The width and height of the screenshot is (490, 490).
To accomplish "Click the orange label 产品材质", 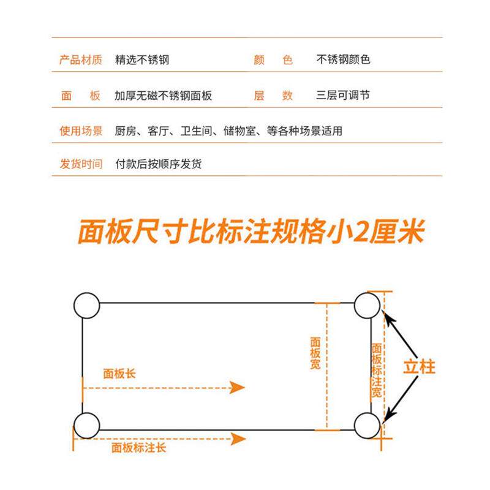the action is [81, 60].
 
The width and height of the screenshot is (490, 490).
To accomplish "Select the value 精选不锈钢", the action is [141, 60].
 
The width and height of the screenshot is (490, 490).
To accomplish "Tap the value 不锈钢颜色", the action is [343, 60].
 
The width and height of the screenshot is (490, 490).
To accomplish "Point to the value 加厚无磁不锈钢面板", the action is [163, 96].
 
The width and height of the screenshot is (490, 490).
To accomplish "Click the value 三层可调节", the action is [343, 96].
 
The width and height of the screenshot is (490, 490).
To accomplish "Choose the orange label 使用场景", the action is [81, 130].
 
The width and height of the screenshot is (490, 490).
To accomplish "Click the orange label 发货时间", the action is [81, 164].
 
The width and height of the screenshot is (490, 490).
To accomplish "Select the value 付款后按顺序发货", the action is [158, 164].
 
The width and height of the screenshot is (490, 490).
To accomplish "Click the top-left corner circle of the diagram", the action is [86, 304].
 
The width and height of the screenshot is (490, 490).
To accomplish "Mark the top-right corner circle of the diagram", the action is [367, 304].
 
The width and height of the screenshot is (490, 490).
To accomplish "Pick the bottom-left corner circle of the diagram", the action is [86, 425].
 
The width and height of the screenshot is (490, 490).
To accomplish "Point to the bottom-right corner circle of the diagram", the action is [367, 425].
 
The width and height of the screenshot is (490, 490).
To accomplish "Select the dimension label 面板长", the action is [119, 374].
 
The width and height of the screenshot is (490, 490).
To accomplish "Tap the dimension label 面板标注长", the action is [138, 448].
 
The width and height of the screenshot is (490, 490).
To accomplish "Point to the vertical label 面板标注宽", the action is [377, 370].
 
